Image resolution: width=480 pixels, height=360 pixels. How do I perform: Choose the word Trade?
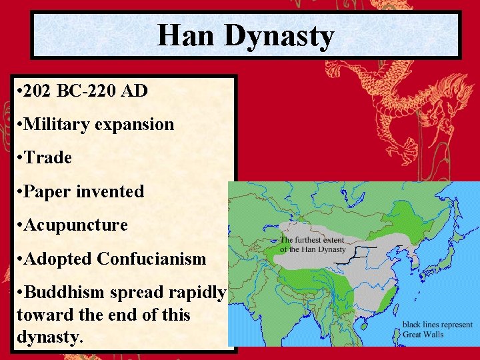(47, 158)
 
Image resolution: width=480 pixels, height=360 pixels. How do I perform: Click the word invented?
(110, 192)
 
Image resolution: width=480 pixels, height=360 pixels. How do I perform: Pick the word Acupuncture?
(75, 225)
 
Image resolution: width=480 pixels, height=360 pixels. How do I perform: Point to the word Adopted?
(57, 259)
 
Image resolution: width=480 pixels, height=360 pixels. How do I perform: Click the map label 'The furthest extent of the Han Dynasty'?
(312, 245)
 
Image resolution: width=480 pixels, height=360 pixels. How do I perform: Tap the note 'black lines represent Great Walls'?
(437, 329)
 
